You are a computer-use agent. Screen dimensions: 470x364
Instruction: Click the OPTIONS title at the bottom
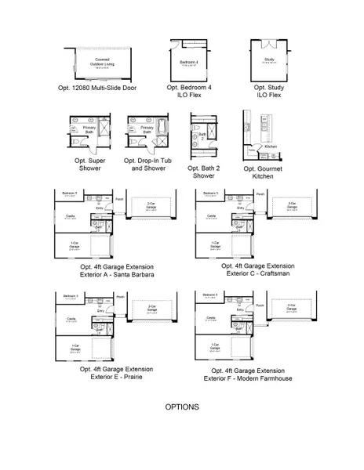pyautogui.click(x=181, y=407)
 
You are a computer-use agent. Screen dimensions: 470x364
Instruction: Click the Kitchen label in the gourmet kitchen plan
pyautogui.click(x=271, y=146)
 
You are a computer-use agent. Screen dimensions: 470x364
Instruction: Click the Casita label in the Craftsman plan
pyautogui.click(x=211, y=215)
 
